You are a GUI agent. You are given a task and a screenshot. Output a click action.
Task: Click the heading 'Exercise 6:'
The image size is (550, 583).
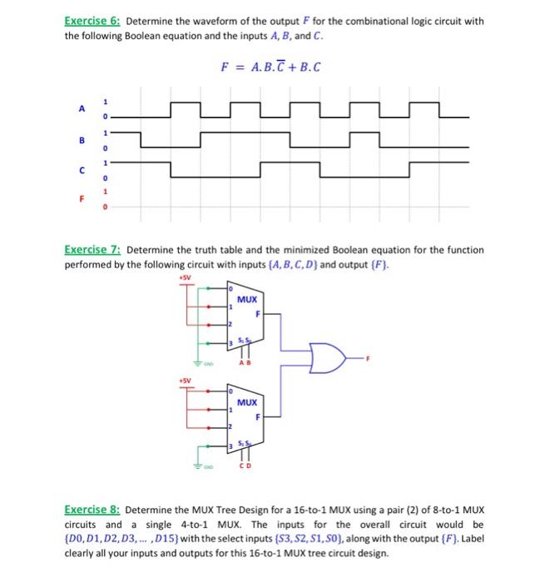(x=94, y=21)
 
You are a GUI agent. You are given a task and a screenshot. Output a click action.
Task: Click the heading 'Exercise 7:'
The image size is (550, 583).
(x=94, y=250)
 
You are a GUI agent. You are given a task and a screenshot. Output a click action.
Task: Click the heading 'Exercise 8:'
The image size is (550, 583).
(x=94, y=508)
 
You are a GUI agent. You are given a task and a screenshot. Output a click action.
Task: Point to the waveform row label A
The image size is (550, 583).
(x=82, y=109)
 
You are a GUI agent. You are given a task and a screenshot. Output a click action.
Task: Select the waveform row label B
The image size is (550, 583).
(x=82, y=141)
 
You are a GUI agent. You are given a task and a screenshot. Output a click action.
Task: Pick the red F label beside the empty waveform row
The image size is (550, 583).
(x=82, y=200)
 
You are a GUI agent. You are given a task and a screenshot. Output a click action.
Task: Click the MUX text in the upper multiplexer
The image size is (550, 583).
(x=246, y=298)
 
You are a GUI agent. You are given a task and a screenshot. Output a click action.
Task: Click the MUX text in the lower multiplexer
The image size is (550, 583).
(x=246, y=402)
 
